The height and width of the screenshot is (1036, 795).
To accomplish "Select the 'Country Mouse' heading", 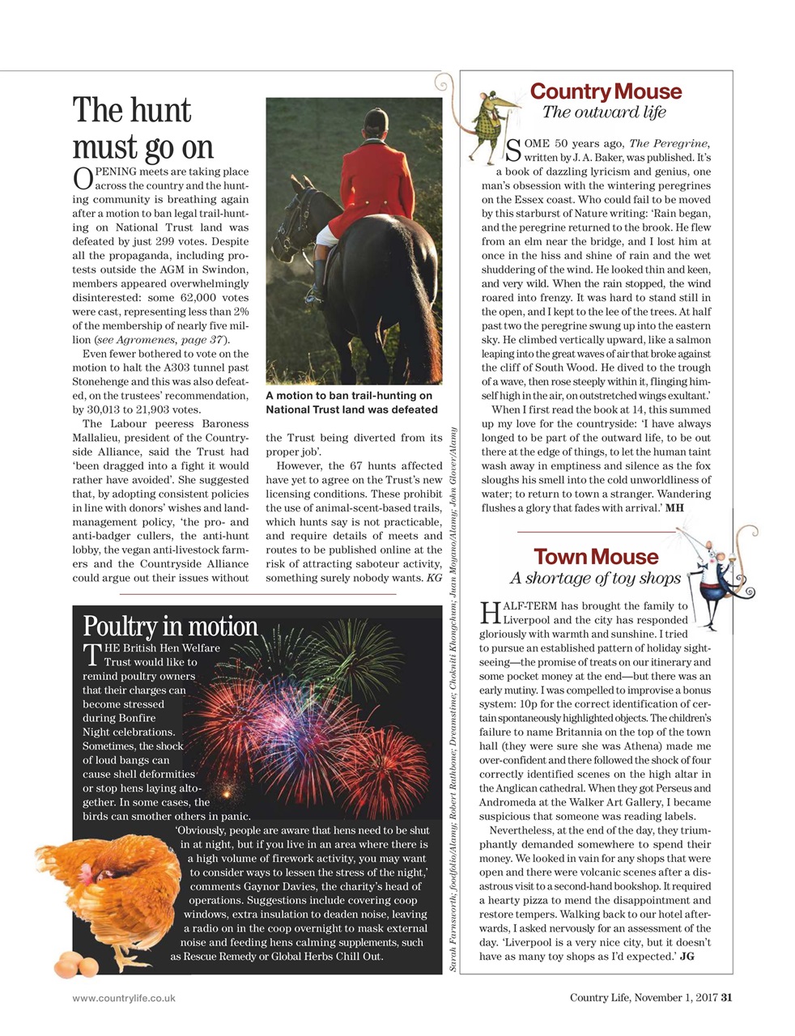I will (606, 91).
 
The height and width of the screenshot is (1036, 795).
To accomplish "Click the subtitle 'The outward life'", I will (604, 113).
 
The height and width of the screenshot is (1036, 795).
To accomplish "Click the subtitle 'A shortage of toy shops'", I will (595, 578).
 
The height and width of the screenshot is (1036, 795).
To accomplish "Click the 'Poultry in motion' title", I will (170, 626).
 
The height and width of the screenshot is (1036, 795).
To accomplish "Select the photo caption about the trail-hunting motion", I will (351, 402).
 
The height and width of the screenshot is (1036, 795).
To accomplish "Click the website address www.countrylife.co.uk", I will (124, 998).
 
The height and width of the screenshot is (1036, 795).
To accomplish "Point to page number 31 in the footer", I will (726, 997).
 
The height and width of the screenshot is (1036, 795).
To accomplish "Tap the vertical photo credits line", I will (453, 696).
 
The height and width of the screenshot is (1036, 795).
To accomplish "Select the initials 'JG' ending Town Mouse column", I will (687, 957).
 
